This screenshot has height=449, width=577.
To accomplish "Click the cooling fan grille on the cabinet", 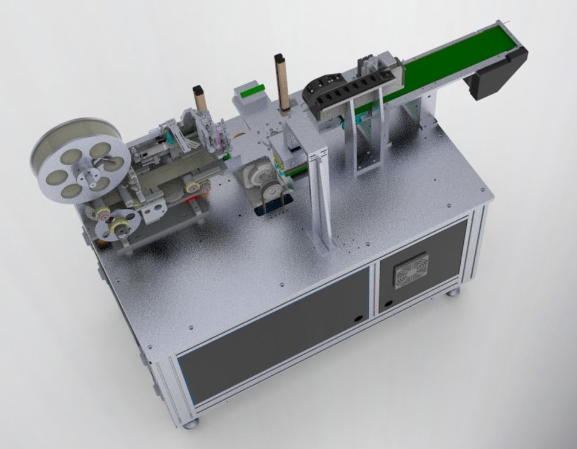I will coord(412,270).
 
